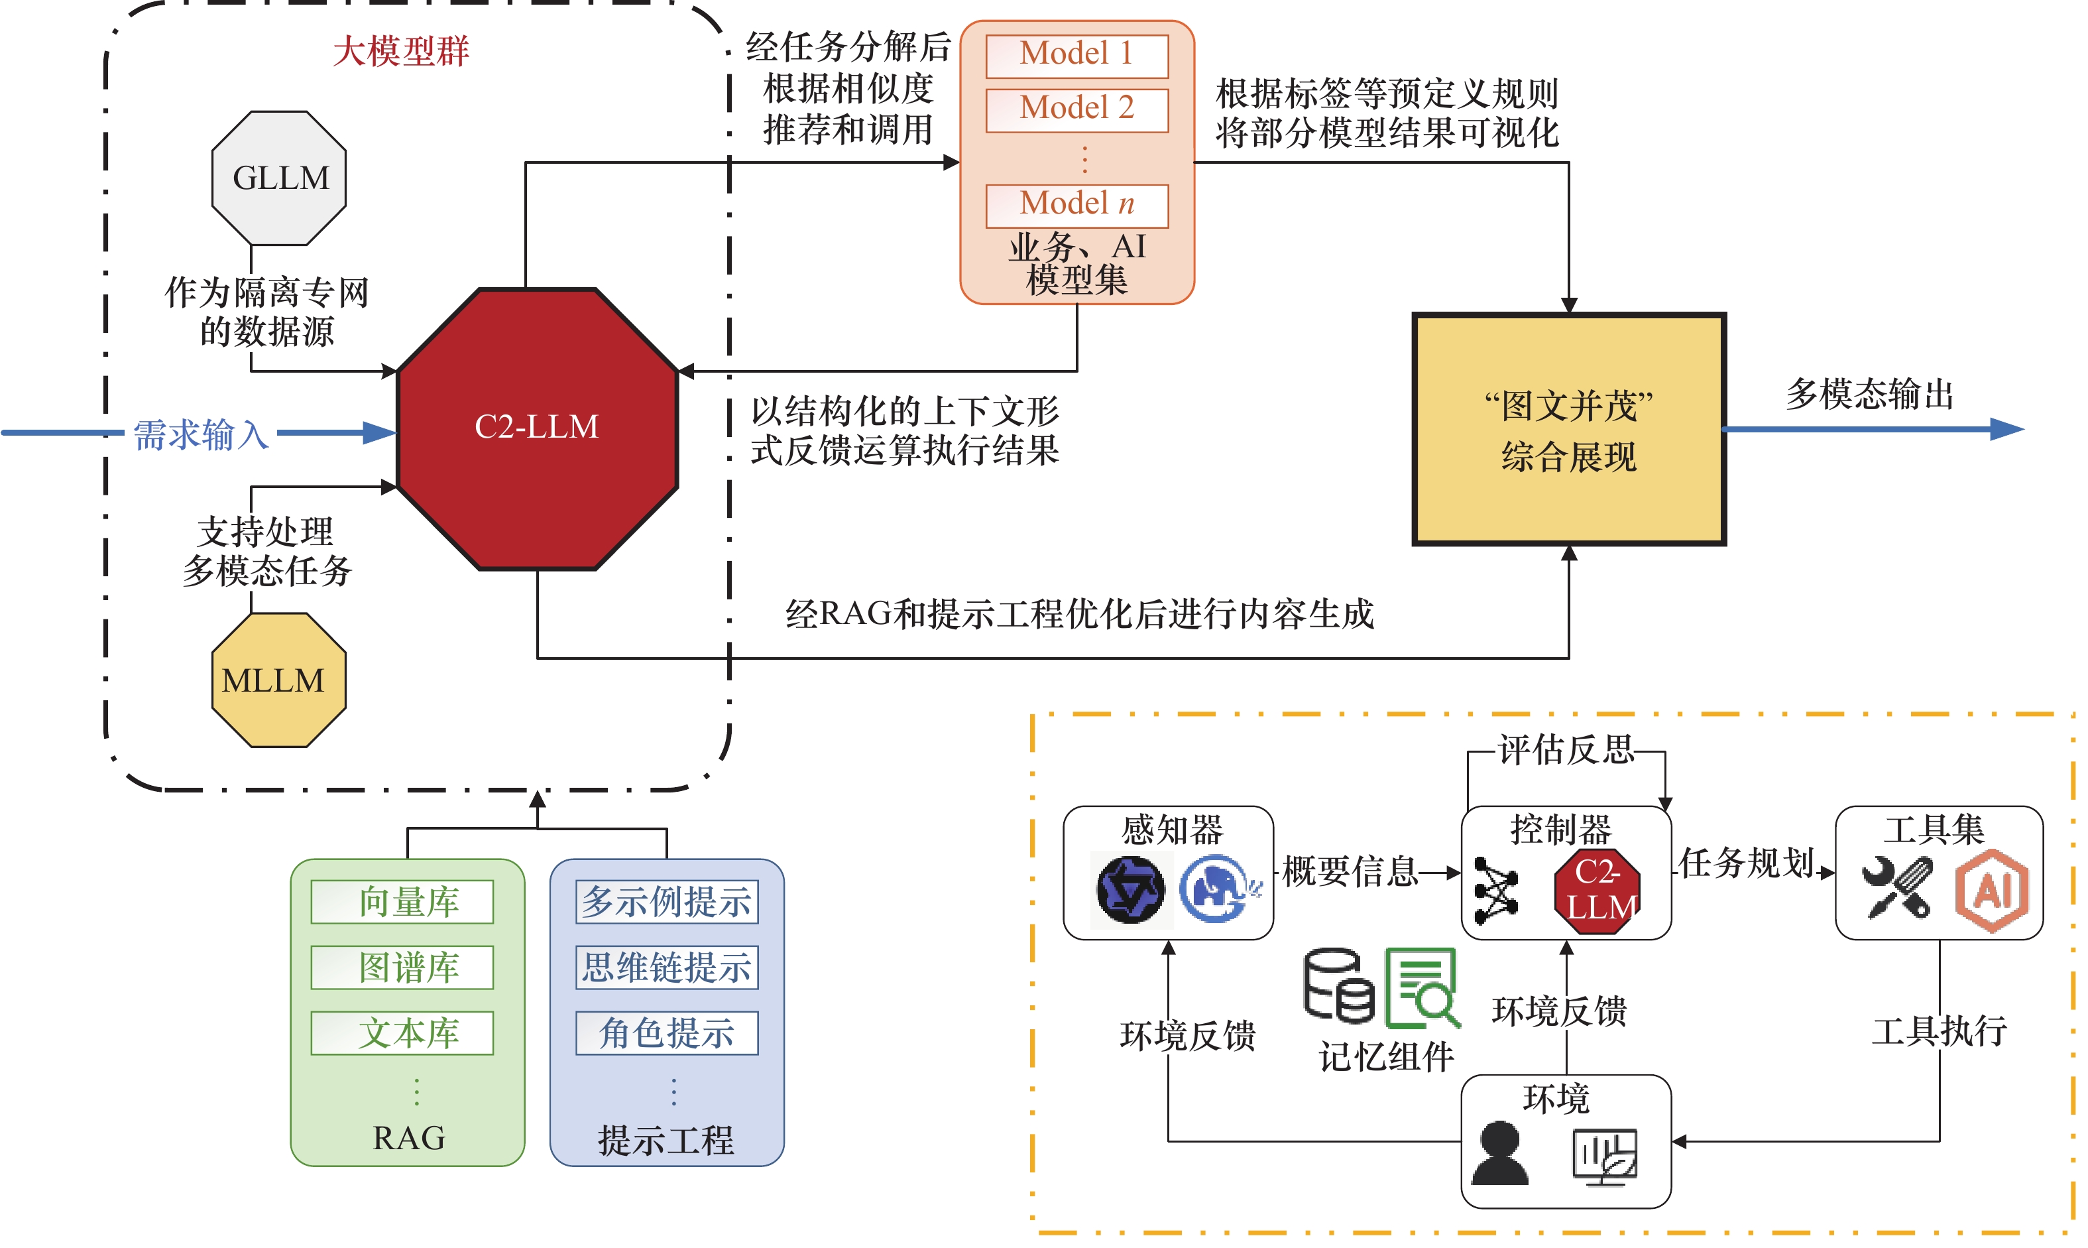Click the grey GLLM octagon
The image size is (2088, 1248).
coord(278,178)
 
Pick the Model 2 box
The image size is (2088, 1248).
coord(1076,109)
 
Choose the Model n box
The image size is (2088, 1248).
coord(1076,204)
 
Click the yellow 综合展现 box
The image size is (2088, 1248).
coord(1568,430)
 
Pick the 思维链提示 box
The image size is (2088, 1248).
coord(667,967)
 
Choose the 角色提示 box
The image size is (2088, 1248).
coord(667,1032)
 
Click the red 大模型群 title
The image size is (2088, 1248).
coord(401,51)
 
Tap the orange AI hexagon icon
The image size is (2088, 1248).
coord(1991,890)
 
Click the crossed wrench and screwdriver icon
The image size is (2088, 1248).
coord(1896,887)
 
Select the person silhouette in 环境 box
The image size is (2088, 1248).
coord(1499,1153)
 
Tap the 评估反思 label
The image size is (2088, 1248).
coord(1565,749)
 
